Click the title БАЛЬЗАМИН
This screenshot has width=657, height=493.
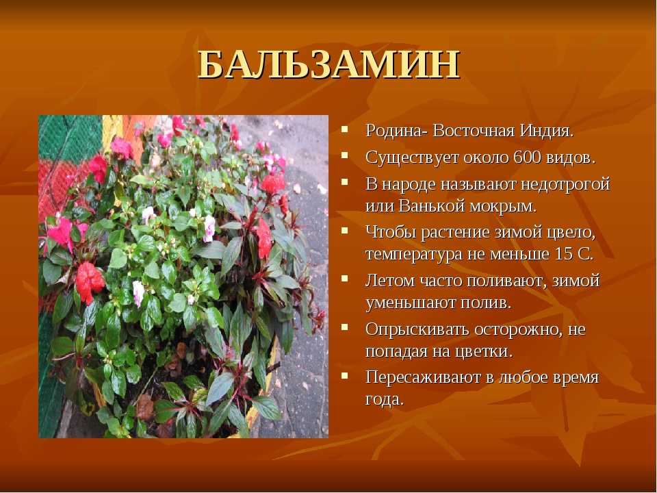(329, 64)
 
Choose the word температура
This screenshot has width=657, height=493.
(413, 255)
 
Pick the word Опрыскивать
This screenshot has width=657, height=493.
(417, 330)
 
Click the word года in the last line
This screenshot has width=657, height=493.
(384, 400)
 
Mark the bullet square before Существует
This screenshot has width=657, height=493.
(345, 155)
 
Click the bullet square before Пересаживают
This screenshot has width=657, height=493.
(345, 375)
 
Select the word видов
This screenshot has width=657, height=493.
(570, 158)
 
